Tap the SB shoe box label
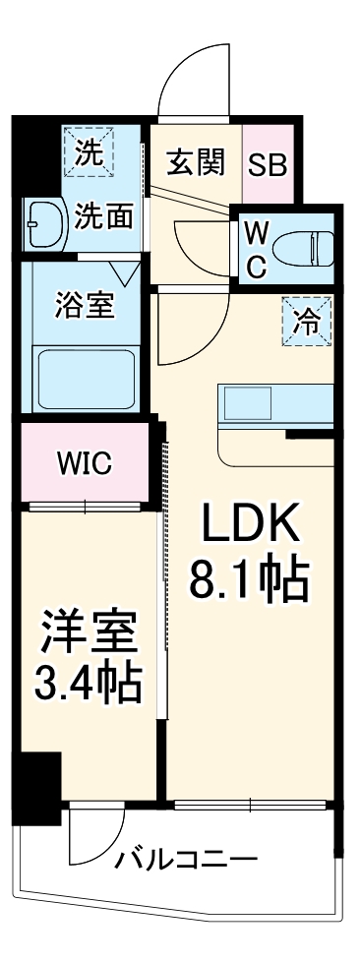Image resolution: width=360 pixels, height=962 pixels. [267, 163]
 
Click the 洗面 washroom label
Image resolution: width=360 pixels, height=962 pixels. [104, 216]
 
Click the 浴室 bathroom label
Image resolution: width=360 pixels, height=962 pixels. [87, 303]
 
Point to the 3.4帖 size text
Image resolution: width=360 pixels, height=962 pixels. [88, 682]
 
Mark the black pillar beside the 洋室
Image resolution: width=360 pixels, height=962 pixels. [36, 776]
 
